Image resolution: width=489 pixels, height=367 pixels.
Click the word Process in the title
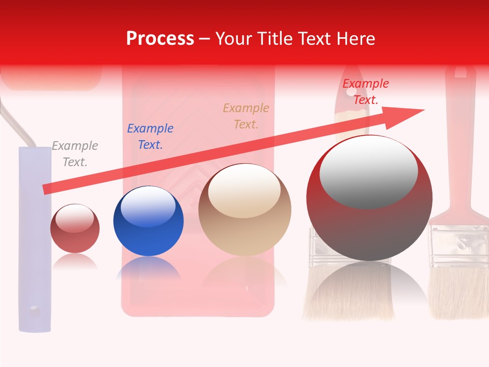pyautogui.click(x=160, y=39)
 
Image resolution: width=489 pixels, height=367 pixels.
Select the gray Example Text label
pyautogui.click(x=75, y=154)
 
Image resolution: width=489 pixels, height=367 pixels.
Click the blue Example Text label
pyautogui.click(x=150, y=137)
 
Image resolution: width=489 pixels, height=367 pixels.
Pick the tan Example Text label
pyautogui.click(x=246, y=116)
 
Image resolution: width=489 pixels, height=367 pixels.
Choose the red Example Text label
pyautogui.click(x=365, y=92)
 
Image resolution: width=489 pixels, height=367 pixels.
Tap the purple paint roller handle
pyautogui.click(x=35, y=245)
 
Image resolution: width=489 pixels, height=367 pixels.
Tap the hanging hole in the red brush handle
pyautogui.click(x=460, y=73)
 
